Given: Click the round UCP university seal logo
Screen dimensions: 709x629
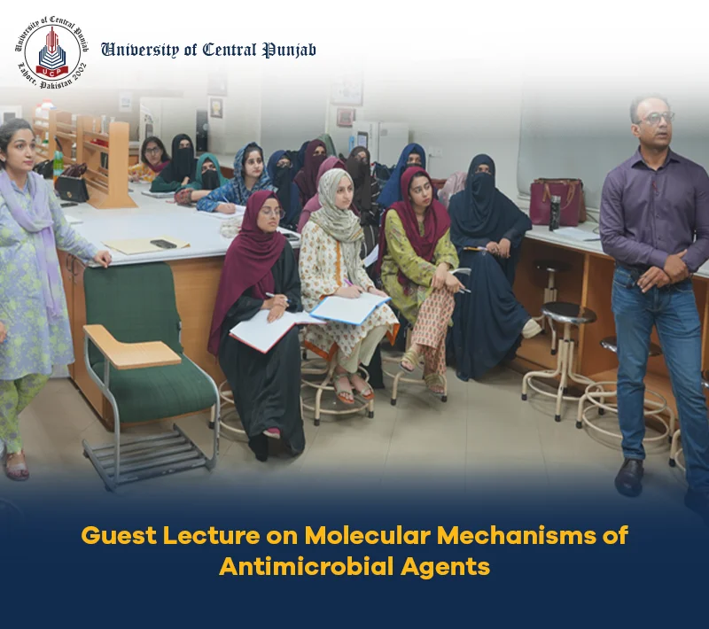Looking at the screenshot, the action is (x=52, y=52).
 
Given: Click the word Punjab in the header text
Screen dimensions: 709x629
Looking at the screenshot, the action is (x=290, y=50).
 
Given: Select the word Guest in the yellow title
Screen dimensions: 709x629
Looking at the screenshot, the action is (x=119, y=535).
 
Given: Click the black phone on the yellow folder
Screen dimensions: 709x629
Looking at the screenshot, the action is (x=163, y=244).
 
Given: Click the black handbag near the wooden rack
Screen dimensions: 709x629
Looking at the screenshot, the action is (x=72, y=185).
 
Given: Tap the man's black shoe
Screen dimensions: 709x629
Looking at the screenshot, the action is (x=629, y=478).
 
